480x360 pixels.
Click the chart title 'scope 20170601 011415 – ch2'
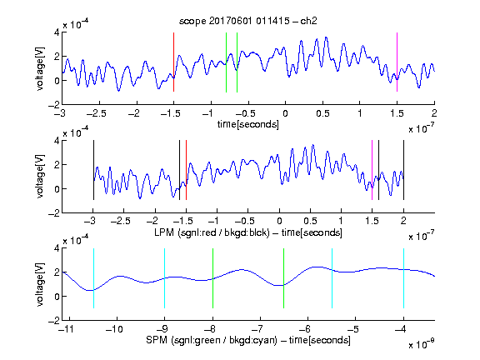tap(248, 21)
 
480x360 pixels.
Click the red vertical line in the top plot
tap(173, 62)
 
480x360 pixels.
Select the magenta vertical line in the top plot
tap(397, 62)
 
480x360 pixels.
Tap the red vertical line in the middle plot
tap(186, 170)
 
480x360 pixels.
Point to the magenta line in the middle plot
tap(372, 170)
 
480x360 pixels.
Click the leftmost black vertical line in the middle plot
tap(93, 170)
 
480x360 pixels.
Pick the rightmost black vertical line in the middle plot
tap(403, 170)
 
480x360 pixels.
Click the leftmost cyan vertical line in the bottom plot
tap(93, 278)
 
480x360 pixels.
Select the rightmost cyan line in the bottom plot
tap(403, 278)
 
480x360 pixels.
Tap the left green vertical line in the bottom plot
tap(212, 278)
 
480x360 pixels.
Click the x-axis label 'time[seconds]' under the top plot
tap(248, 124)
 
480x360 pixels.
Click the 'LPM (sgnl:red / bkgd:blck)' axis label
tap(212, 232)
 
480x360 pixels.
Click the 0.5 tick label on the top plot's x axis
tap(322, 113)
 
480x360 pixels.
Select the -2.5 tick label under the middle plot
tap(120, 221)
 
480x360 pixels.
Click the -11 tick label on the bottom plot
tap(67, 329)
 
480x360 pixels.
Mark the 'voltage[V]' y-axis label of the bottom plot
tap(40, 284)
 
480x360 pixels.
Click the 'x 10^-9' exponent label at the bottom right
tap(421, 344)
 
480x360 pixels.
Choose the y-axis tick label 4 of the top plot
tap(57, 32)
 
